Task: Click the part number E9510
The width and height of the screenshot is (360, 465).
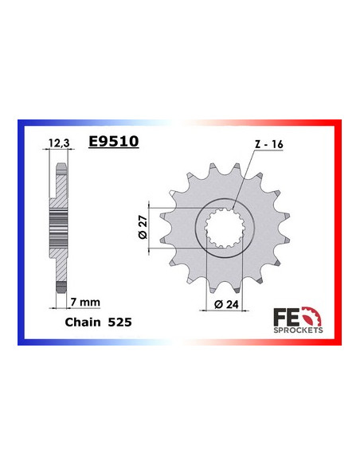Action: [x=114, y=141]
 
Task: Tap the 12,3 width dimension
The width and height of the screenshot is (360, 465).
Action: [x=59, y=143]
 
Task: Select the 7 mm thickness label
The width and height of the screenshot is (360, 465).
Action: [x=85, y=303]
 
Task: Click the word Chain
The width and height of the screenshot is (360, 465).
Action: [x=83, y=322]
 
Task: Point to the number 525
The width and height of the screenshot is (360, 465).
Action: [x=119, y=322]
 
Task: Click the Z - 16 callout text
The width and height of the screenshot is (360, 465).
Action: [x=269, y=144]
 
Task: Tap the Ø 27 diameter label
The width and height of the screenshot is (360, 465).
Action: [x=143, y=227]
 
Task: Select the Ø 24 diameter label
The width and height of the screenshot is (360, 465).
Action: [x=226, y=304]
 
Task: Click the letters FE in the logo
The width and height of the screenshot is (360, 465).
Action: [x=286, y=316]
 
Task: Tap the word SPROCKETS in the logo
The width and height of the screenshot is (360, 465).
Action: [x=298, y=330]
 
